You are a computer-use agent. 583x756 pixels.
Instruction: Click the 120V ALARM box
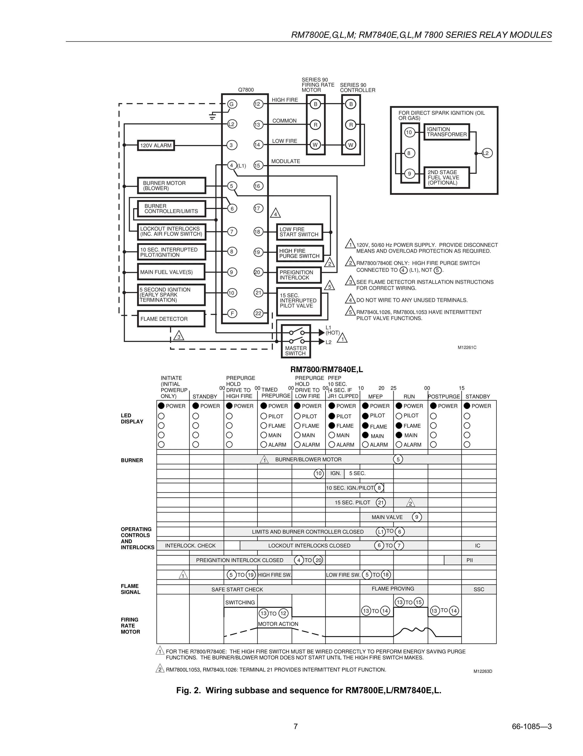point(156,145)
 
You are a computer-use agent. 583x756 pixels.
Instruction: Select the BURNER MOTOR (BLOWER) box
point(171,185)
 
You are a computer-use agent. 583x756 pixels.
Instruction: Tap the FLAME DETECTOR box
point(171,319)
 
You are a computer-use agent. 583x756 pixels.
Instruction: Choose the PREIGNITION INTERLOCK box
point(298,275)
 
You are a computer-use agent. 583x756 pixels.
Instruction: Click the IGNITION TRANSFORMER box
point(447,132)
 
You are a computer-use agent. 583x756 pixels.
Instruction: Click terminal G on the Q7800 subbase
point(231,104)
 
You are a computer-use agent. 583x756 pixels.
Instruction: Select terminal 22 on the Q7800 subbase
point(258,314)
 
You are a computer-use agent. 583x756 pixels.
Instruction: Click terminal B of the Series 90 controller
point(351,104)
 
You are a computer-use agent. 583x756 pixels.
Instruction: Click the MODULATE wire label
point(285,161)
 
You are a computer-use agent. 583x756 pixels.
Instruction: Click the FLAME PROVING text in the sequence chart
point(393,588)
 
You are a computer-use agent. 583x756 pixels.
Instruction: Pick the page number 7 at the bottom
point(295,726)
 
